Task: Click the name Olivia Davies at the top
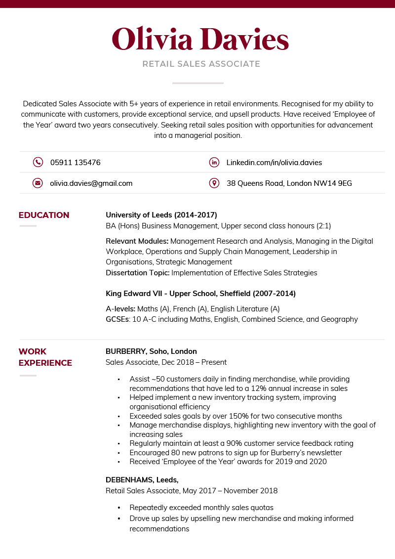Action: click(x=200, y=39)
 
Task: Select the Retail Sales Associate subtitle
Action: click(x=201, y=64)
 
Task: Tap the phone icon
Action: click(x=38, y=162)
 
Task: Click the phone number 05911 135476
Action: click(x=75, y=162)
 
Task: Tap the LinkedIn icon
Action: click(x=214, y=162)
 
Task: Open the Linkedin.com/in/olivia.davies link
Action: click(x=274, y=162)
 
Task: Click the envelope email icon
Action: click(x=38, y=183)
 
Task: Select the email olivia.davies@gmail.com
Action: click(x=91, y=183)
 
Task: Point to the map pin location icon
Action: click(x=214, y=183)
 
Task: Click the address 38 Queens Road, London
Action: click(x=289, y=183)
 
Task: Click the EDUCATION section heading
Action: click(x=44, y=215)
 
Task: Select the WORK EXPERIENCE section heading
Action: click(x=45, y=357)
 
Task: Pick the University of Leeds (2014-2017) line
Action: click(x=161, y=215)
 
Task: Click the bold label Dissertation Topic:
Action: click(x=137, y=272)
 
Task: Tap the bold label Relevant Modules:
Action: click(x=137, y=241)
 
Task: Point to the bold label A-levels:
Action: click(x=120, y=309)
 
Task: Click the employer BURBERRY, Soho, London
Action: click(x=151, y=351)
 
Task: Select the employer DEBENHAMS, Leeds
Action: click(x=142, y=480)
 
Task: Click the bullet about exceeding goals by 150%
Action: click(x=236, y=416)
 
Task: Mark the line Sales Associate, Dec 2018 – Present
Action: click(x=166, y=362)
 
